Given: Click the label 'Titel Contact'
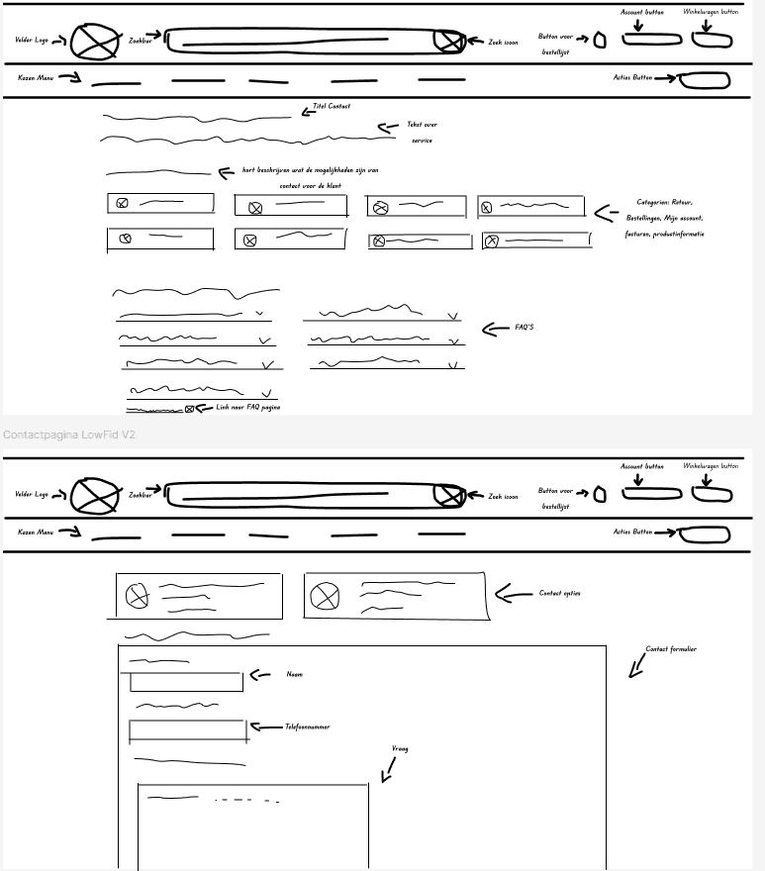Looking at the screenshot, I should [332, 106].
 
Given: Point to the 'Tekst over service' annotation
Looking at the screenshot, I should [423, 132].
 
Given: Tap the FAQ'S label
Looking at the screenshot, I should [525, 328].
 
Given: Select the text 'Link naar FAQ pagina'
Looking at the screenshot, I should [247, 407].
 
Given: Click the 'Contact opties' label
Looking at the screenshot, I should [559, 593].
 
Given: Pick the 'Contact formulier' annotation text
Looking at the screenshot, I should [671, 649].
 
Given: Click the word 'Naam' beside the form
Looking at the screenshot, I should [294, 674].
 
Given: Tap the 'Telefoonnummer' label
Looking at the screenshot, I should [307, 726].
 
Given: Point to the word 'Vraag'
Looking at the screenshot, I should [400, 748].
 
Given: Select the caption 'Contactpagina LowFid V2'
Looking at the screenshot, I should [68, 435].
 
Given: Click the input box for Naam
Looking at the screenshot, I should [186, 681].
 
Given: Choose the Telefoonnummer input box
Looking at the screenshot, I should [187, 731].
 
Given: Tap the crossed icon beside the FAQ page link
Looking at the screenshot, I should [189, 408].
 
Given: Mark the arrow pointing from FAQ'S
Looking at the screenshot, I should [495, 329].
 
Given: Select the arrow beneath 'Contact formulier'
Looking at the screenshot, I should [637, 669].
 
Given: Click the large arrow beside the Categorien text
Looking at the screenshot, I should [605, 212].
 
